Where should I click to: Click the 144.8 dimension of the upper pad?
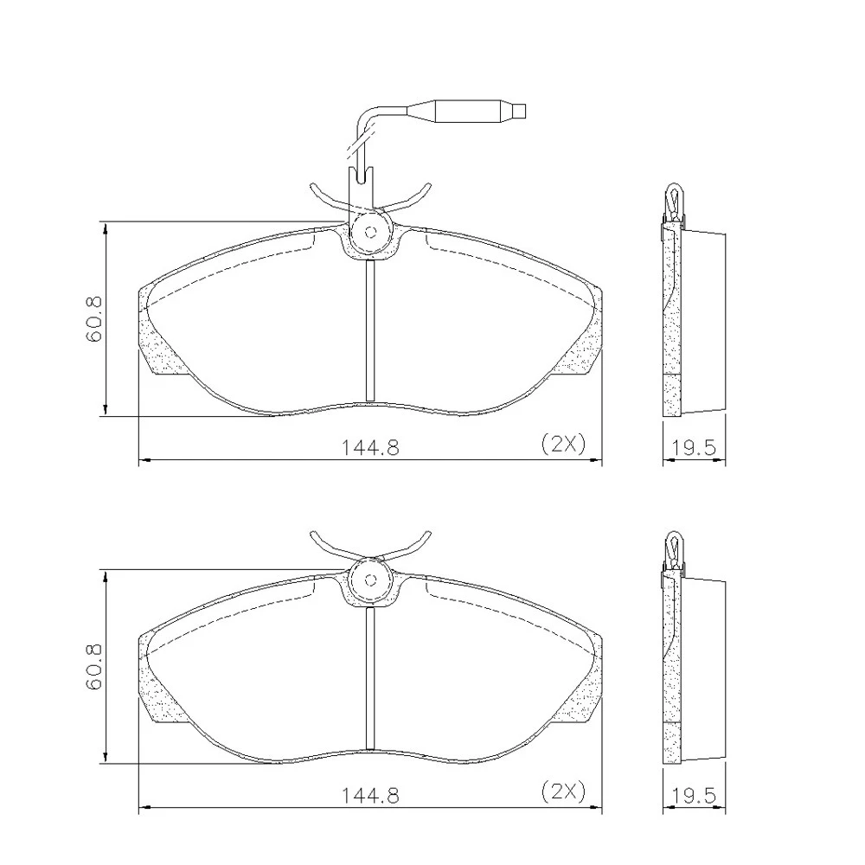click(370, 447)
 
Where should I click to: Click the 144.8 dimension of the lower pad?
click(370, 795)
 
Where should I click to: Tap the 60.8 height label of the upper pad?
click(94, 319)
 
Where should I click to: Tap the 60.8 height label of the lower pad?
click(94, 667)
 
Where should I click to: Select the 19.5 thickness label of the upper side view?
click(694, 447)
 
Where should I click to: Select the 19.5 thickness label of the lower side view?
click(694, 796)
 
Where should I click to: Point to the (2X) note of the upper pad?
click(563, 443)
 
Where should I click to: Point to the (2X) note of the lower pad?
click(563, 791)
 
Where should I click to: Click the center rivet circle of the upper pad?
click(371, 232)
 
